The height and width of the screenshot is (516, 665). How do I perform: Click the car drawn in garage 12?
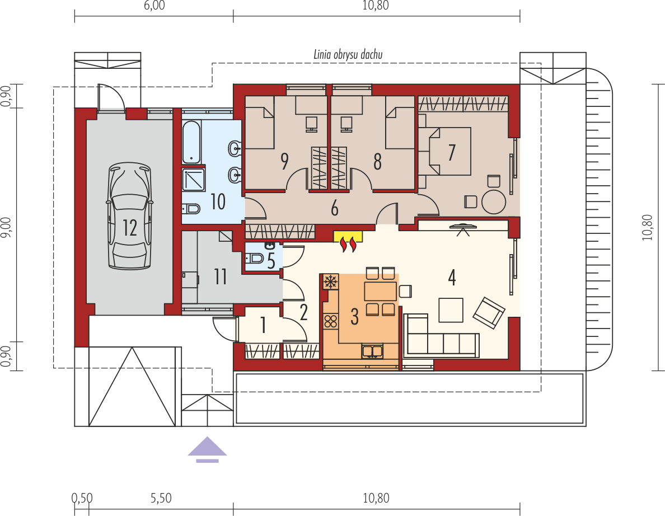(130, 216)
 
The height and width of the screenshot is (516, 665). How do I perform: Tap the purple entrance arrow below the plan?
(207, 449)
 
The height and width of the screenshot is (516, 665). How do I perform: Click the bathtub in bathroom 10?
(191, 143)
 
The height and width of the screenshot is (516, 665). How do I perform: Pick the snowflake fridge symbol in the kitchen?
(331, 281)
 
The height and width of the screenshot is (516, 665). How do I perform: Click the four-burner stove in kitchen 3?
(331, 321)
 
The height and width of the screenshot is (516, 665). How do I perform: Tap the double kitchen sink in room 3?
(372, 351)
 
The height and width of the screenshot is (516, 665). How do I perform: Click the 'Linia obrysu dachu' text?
(348, 55)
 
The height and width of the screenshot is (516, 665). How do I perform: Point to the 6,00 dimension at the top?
(154, 6)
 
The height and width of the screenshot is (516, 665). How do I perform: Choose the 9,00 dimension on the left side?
(6, 228)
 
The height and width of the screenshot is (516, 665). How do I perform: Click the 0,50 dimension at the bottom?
(81, 498)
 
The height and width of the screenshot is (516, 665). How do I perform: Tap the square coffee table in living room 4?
(451, 310)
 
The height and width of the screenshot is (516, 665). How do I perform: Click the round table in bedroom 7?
(494, 201)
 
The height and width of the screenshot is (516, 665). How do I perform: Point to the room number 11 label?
(220, 277)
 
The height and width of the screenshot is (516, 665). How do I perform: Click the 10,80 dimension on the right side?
(647, 228)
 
